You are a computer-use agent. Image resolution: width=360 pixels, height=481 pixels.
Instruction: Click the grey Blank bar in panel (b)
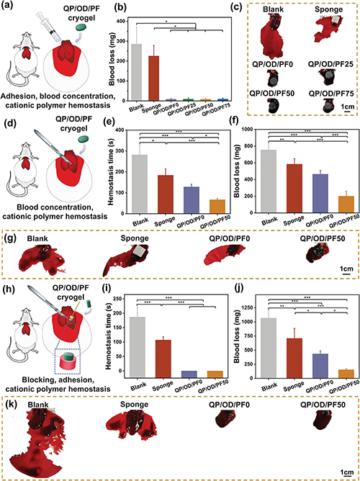(137, 72)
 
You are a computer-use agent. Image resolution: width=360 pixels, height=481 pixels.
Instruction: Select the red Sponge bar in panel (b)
(154, 78)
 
